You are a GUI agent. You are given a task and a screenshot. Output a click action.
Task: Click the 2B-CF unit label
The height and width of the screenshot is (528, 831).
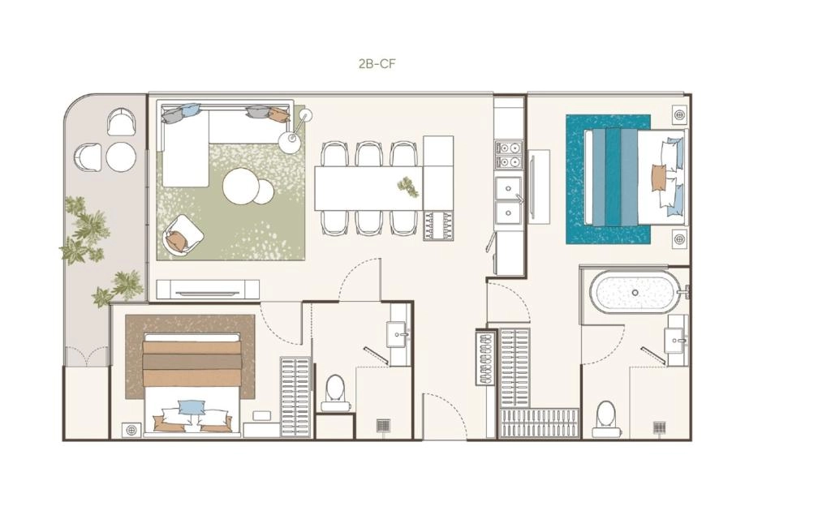(x=377, y=64)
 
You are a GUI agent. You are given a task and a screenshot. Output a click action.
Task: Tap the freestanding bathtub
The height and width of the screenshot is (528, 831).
(x=634, y=290)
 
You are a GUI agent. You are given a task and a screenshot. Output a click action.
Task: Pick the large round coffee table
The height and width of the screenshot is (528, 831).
(x=242, y=186)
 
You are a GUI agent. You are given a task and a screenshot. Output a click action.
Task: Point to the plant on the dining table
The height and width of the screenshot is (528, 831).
(x=409, y=187)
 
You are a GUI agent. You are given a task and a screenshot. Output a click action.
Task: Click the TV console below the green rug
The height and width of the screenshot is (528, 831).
(x=208, y=290)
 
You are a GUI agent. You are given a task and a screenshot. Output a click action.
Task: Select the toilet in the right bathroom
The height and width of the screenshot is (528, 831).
(x=605, y=419)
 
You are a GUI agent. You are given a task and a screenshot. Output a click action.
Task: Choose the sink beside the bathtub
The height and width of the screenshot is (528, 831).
(x=678, y=341)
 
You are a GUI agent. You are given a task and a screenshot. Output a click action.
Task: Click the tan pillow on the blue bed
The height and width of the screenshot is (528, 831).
(x=658, y=178)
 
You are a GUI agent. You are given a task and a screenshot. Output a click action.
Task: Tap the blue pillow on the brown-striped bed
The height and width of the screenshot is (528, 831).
(x=192, y=406)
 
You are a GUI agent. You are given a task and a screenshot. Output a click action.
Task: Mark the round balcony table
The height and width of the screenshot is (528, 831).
(x=122, y=157)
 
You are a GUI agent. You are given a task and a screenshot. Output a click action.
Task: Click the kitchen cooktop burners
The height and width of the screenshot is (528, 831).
(x=508, y=154)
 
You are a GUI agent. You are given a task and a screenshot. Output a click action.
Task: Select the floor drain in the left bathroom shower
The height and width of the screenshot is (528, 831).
(x=383, y=425)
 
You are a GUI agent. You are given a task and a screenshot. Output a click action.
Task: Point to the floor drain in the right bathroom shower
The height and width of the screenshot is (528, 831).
(x=659, y=427)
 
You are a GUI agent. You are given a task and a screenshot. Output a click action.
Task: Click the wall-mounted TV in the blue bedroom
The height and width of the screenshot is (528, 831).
(x=532, y=187)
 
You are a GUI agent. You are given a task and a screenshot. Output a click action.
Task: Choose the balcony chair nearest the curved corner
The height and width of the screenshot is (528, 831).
(x=122, y=122)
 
